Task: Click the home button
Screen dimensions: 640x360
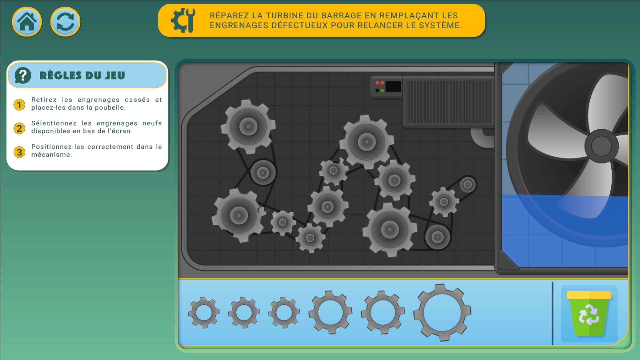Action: point(27,22)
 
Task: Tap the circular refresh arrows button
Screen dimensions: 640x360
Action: point(65,22)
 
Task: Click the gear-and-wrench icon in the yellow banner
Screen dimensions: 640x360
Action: point(183,20)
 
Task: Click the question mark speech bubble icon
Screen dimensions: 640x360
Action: point(23,75)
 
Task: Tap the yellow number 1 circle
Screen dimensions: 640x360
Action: point(19,105)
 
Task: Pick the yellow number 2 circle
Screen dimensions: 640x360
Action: point(19,128)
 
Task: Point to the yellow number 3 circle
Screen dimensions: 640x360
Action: point(19,152)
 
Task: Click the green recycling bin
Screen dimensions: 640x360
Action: point(589,313)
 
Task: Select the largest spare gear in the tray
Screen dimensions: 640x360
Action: point(442,313)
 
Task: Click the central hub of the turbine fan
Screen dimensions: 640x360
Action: point(601,146)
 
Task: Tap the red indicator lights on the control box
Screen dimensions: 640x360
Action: point(380,83)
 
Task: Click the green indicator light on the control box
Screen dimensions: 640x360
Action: point(382,90)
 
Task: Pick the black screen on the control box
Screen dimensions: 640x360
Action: point(393,87)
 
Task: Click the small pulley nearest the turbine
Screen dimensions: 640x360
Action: point(468,184)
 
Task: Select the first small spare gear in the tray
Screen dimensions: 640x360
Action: point(204,313)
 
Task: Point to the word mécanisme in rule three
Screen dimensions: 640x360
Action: point(51,155)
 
